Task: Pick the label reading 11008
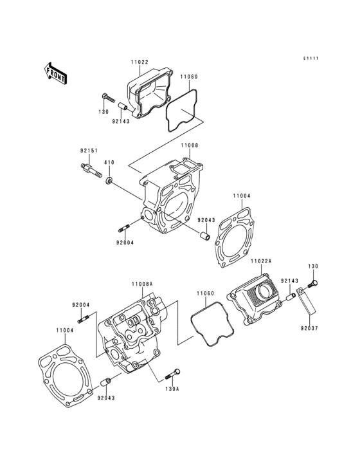(189, 146)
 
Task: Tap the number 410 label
(109, 162)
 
